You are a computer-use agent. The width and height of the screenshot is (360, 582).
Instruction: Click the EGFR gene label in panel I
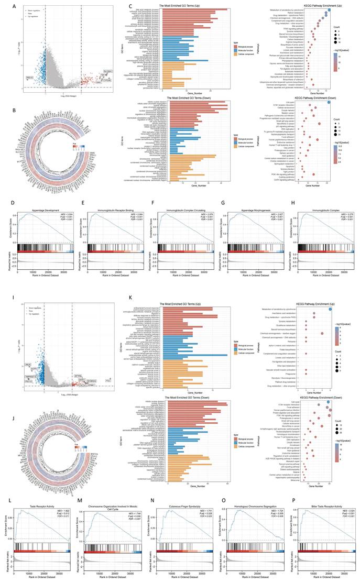33,369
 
